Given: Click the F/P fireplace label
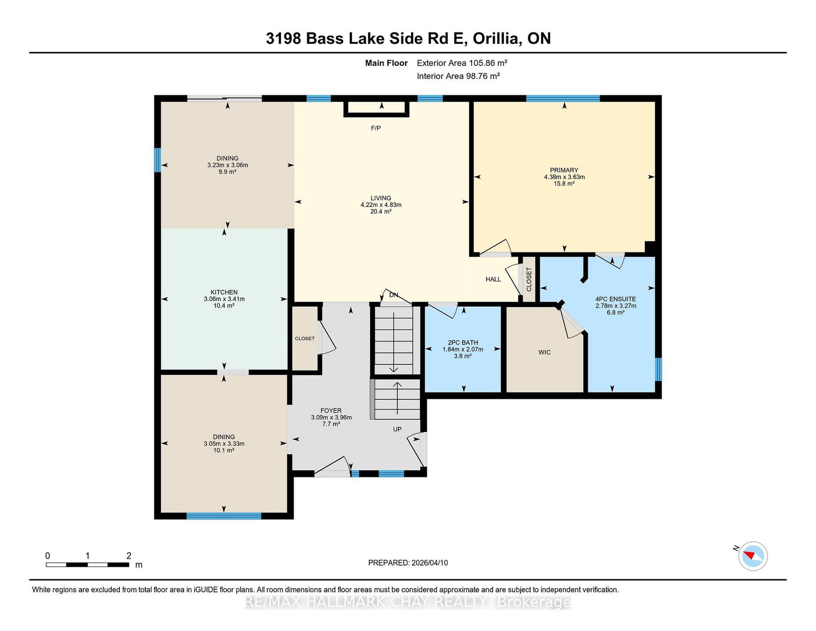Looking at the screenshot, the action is [375, 128].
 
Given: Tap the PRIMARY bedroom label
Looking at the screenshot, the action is [564, 170].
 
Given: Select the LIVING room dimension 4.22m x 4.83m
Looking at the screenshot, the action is [381, 205].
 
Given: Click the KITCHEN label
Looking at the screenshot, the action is [224, 292].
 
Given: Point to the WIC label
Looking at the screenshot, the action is [545, 352].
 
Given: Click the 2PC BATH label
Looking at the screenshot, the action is [463, 343].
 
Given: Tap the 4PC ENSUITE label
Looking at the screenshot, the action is [616, 299].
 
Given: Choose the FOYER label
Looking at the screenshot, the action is [331, 411].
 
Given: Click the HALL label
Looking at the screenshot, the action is [493, 280].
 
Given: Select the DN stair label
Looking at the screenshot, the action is [394, 295].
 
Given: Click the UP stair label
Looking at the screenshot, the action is [397, 429].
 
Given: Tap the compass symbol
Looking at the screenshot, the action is [753, 556].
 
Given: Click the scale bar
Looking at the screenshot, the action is [88, 565].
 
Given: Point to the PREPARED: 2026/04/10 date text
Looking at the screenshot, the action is [408, 563].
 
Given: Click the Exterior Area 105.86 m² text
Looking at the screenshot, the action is [462, 63].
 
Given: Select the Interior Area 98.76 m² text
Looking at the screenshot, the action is [458, 76].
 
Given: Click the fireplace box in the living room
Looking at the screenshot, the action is [376, 109].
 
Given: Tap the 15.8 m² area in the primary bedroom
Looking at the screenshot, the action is [564, 184].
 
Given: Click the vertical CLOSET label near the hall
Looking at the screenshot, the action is [529, 279].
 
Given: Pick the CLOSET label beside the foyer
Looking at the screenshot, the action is [304, 338].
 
